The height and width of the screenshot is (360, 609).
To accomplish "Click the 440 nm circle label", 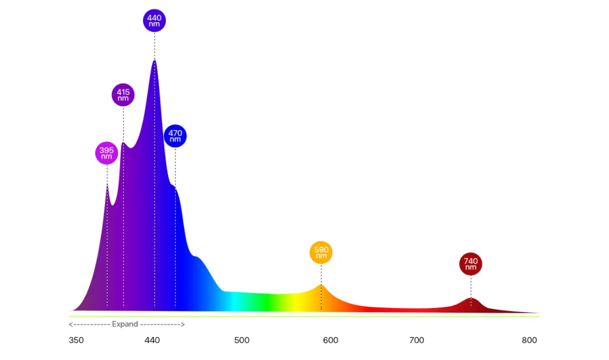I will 154,21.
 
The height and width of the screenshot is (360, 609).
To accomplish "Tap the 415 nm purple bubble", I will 123,95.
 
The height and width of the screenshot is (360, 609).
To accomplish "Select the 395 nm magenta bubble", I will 107,153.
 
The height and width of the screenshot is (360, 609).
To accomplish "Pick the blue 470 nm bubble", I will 175,136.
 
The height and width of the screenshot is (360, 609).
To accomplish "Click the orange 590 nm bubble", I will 321,253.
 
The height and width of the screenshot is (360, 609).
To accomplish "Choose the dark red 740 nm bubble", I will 471,264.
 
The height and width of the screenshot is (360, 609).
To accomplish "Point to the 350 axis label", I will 76,340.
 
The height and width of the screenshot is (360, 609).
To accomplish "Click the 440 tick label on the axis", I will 152,340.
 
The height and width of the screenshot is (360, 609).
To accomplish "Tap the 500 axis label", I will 242,340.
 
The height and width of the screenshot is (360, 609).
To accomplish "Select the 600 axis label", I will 330,340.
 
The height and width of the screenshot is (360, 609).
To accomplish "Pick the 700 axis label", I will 416,340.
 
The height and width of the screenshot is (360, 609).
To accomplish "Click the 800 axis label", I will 529,340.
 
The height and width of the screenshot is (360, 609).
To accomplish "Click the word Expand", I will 125,324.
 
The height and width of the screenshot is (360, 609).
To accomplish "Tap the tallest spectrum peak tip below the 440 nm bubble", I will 155,60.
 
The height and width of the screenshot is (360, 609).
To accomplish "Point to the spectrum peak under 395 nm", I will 107,185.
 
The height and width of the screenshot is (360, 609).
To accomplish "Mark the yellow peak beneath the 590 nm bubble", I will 321,285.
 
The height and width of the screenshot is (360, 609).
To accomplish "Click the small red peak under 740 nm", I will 471,298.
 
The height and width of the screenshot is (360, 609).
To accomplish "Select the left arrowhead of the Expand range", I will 70,324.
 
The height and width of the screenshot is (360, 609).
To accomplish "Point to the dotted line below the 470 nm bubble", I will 175,167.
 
